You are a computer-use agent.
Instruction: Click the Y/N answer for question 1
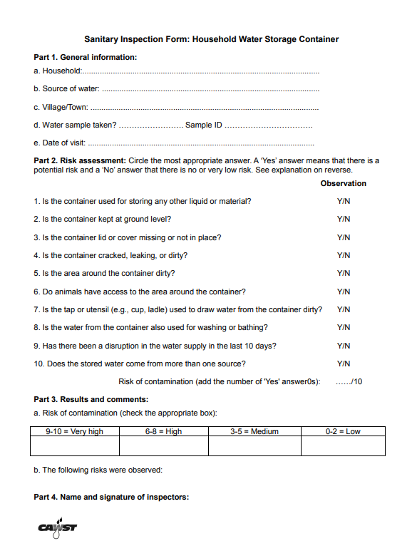pyautogui.click(x=343, y=202)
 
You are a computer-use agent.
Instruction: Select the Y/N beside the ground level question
pyautogui.click(x=343, y=220)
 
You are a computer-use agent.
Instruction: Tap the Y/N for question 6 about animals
pyautogui.click(x=343, y=292)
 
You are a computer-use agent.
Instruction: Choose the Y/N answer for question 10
pyautogui.click(x=343, y=364)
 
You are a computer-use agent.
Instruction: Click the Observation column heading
pyautogui.click(x=343, y=183)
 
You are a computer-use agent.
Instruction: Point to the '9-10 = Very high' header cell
pyautogui.click(x=74, y=431)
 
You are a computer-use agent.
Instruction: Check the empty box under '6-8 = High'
pyautogui.click(x=163, y=446)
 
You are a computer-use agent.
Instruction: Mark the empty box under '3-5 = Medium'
pyautogui.click(x=254, y=446)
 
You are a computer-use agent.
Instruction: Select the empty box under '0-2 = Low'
pyautogui.click(x=343, y=446)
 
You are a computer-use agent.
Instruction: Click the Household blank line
pyautogui.click(x=201, y=72)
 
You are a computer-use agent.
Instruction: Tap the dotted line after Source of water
pyautogui.click(x=210, y=90)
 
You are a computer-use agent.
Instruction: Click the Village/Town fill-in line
pyautogui.click(x=205, y=108)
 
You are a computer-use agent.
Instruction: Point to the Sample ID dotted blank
pyautogui.click(x=269, y=126)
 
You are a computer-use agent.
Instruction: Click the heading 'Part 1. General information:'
pyautogui.click(x=85, y=57)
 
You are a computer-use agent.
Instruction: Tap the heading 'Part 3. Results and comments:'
pyautogui.click(x=91, y=399)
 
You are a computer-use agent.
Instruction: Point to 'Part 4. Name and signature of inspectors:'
pyautogui.click(x=111, y=497)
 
